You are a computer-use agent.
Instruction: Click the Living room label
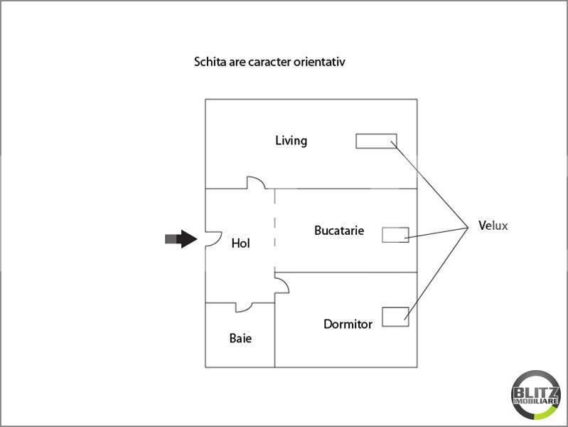click(291, 140)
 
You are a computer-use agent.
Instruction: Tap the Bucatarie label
click(339, 231)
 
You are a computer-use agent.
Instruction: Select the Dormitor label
click(348, 325)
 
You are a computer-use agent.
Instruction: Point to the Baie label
click(240, 338)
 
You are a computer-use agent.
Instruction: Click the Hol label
click(241, 243)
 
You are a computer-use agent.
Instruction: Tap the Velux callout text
click(493, 226)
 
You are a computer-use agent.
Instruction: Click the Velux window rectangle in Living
click(376, 141)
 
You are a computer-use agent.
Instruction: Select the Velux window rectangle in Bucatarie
click(395, 235)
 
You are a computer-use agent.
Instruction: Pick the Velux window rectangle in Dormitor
click(395, 317)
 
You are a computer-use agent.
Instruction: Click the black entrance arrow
click(181, 239)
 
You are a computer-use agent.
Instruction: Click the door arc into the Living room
click(257, 182)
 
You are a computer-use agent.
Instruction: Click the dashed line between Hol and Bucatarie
click(275, 228)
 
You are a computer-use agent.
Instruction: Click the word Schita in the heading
click(210, 62)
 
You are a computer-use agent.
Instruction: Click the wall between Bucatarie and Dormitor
click(345, 272)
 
